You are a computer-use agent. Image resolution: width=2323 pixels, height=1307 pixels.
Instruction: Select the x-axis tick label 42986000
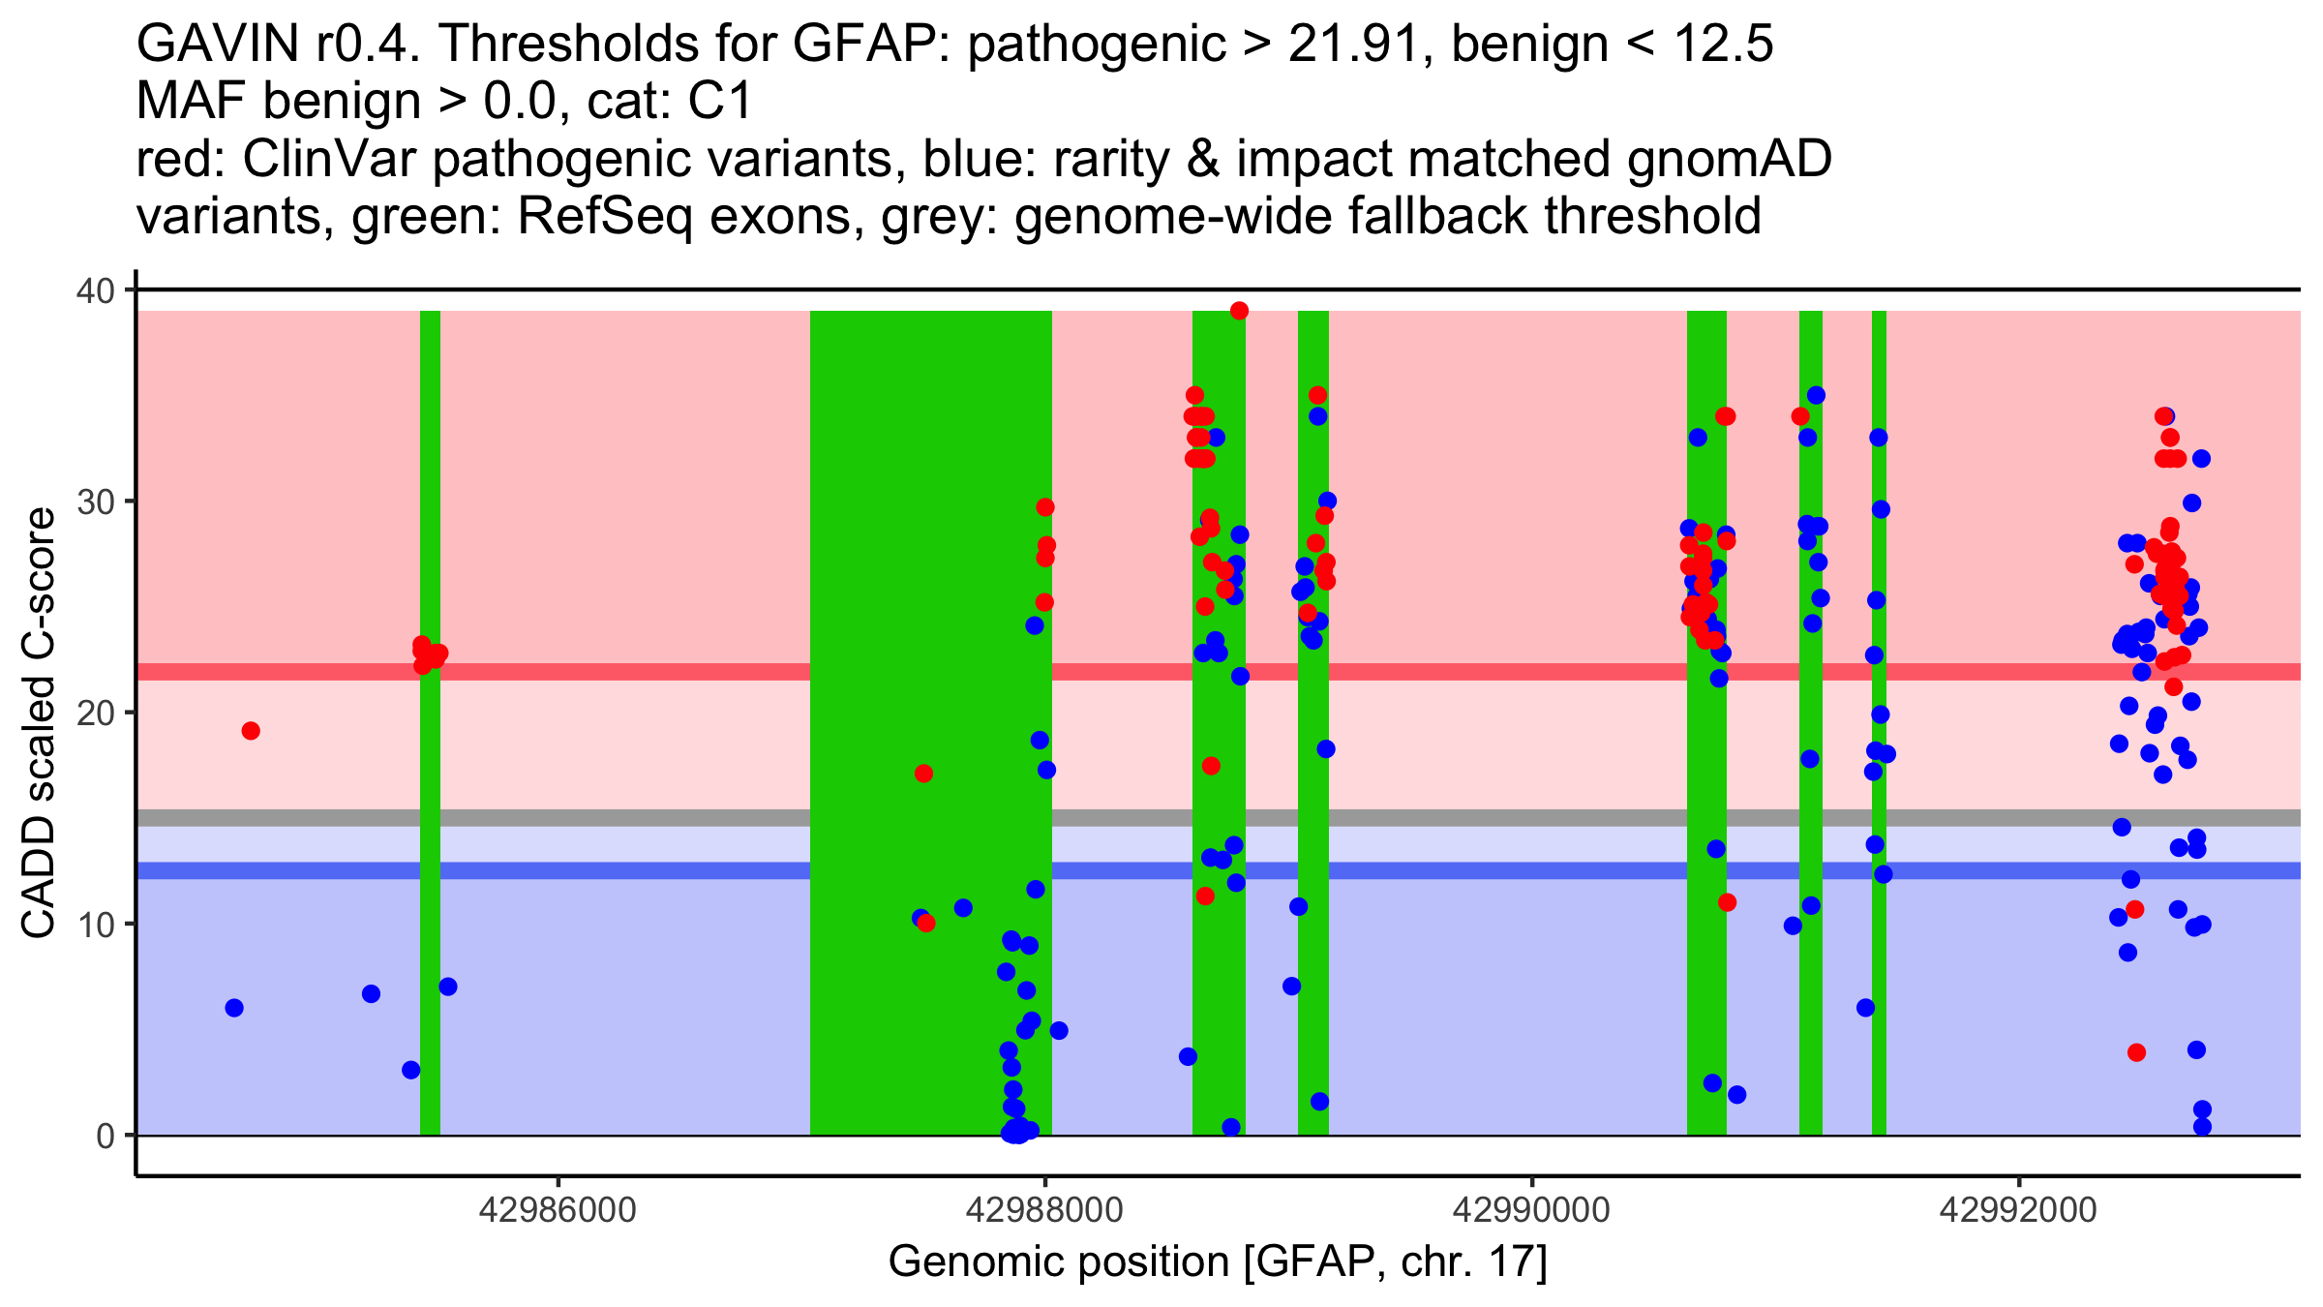pos(558,1209)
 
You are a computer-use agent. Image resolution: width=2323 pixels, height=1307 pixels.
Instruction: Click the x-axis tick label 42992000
pos(2018,1209)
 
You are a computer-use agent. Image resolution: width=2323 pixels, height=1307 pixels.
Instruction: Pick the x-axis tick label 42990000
pos(1531,1209)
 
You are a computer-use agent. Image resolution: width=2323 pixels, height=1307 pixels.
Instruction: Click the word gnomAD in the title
pos(1729,160)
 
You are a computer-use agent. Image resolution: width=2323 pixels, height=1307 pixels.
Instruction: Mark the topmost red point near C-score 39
pos(1239,311)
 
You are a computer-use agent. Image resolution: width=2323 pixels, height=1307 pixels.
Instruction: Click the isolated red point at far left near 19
pos(251,731)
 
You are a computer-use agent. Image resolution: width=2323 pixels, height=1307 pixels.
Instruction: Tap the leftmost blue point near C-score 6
pos(234,1008)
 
